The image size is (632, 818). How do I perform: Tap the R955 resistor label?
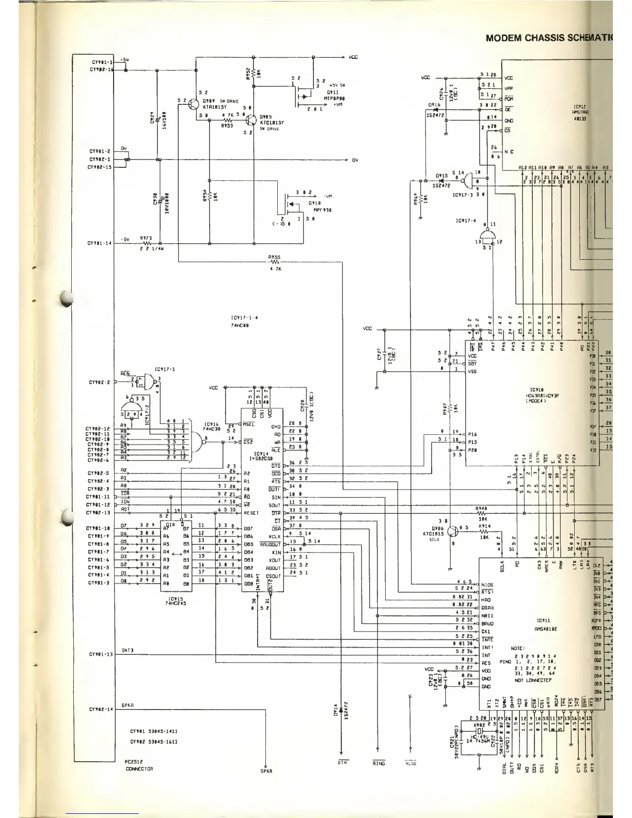click(x=274, y=257)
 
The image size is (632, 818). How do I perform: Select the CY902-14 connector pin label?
click(x=100, y=709)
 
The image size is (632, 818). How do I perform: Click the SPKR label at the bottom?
click(x=266, y=772)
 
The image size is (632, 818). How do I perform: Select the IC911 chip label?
click(x=543, y=620)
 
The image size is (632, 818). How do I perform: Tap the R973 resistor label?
click(x=146, y=238)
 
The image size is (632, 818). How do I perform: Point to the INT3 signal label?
click(x=128, y=650)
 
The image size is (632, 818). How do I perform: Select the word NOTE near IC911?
click(x=517, y=647)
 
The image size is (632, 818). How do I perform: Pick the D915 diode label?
click(x=441, y=176)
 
